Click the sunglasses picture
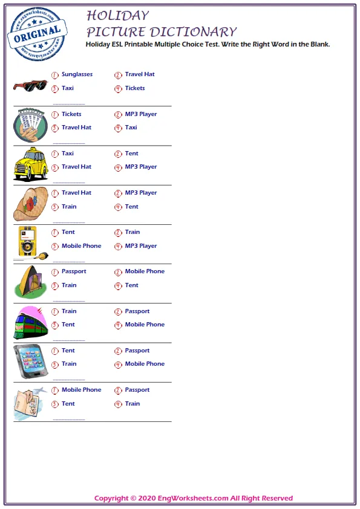(x=30, y=85)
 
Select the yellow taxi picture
(x=31, y=164)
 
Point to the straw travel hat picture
(x=30, y=203)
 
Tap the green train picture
(x=30, y=322)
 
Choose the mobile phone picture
(x=29, y=361)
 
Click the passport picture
(x=29, y=403)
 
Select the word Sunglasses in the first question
(x=77, y=74)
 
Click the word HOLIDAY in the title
(x=117, y=15)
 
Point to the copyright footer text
(x=194, y=498)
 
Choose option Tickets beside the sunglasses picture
(x=135, y=88)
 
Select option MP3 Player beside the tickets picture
(x=141, y=114)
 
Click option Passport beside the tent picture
(x=74, y=271)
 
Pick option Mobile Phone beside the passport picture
(x=81, y=390)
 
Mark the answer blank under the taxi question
(x=69, y=183)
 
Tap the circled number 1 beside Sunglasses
(x=55, y=75)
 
